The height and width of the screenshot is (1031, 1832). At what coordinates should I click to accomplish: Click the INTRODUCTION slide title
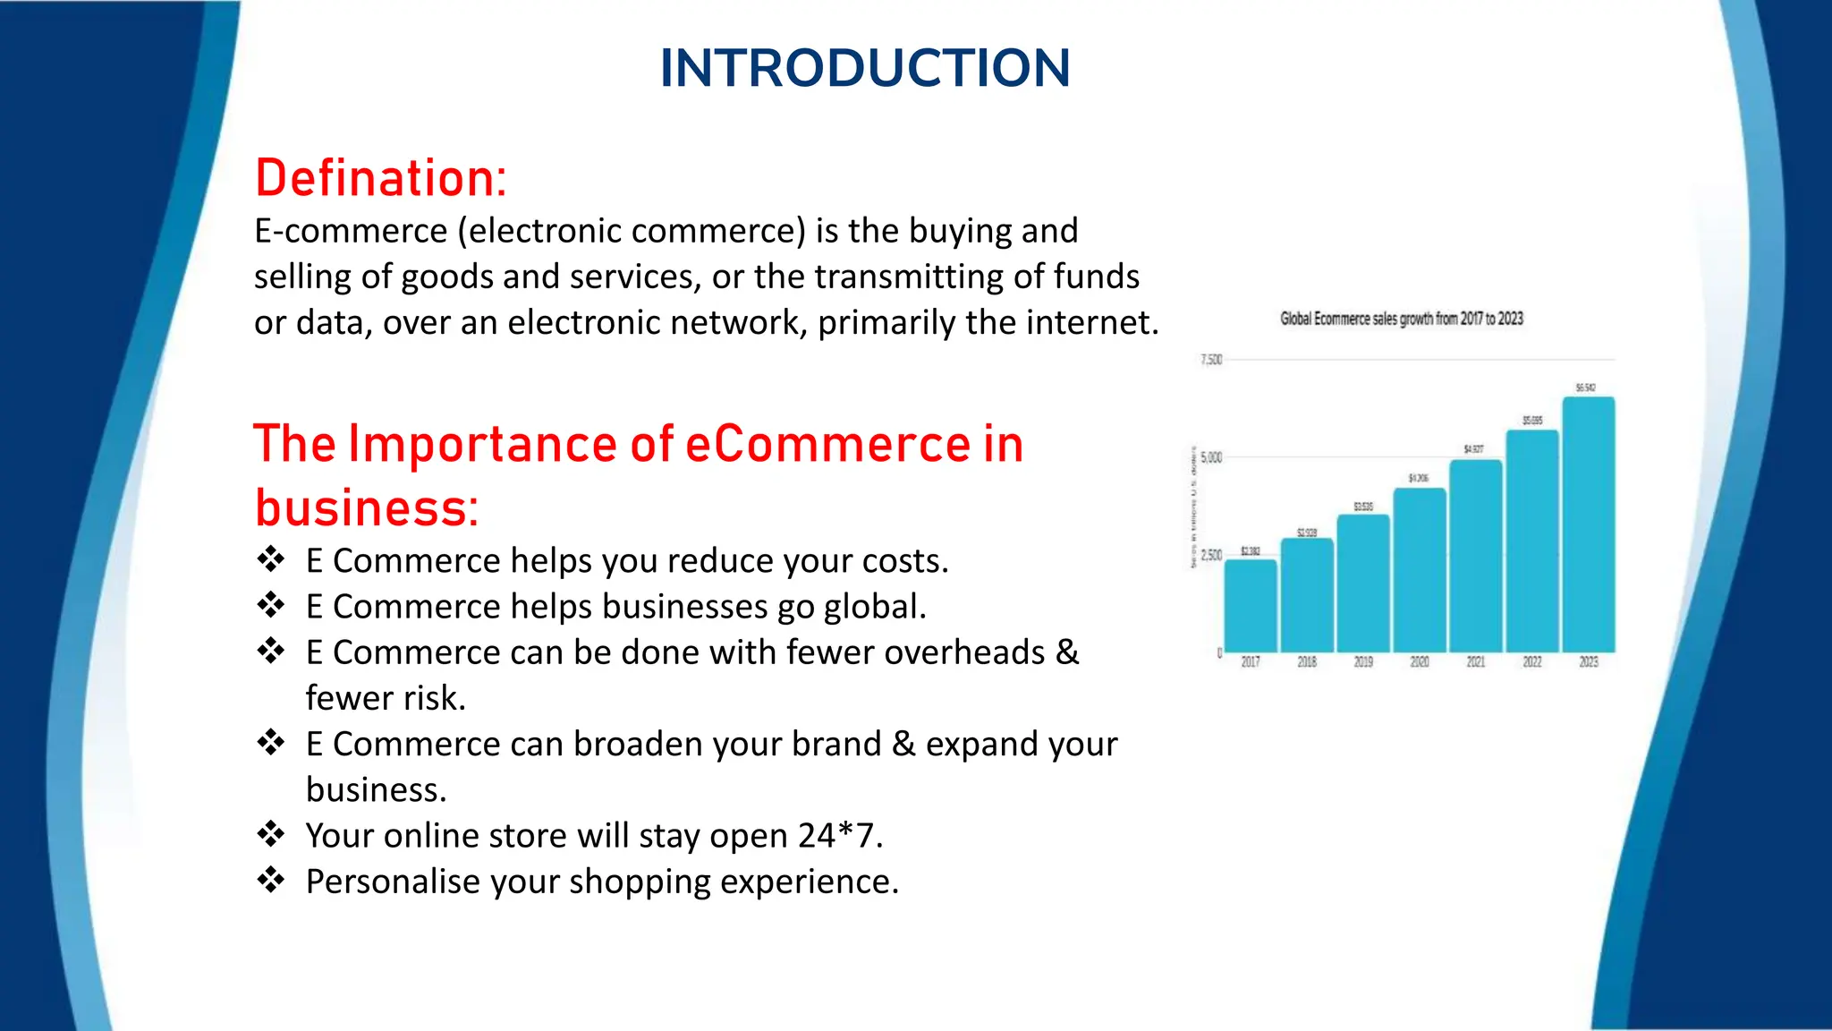tap(864, 68)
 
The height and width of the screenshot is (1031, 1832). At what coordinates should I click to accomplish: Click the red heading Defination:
tap(381, 178)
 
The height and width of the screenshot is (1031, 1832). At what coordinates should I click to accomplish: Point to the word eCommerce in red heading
tap(827, 444)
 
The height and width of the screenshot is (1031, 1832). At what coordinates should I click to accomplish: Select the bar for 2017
tap(1250, 606)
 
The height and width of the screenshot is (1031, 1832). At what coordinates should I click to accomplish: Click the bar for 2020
tap(1419, 570)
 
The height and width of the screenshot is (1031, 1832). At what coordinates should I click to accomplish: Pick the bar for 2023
tap(1588, 524)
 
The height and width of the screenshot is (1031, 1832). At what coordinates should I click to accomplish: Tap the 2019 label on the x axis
tap(1362, 662)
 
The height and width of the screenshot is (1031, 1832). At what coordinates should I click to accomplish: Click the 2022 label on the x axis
tap(1531, 662)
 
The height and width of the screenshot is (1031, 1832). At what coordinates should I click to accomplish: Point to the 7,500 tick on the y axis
tap(1210, 360)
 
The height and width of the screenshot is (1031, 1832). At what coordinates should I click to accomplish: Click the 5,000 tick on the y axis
tap(1210, 457)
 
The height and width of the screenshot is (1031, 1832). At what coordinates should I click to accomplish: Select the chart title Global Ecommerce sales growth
tap(1401, 319)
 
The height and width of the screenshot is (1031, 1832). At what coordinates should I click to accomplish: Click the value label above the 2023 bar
tap(1584, 388)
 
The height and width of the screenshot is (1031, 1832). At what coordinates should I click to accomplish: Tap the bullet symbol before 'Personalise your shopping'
tap(270, 880)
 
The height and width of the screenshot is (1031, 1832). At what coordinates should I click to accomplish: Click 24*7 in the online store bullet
tap(839, 836)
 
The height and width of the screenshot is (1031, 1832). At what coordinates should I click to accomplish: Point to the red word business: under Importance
tap(367, 508)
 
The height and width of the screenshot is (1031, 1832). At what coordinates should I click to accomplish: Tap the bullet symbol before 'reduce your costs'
tap(270, 559)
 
